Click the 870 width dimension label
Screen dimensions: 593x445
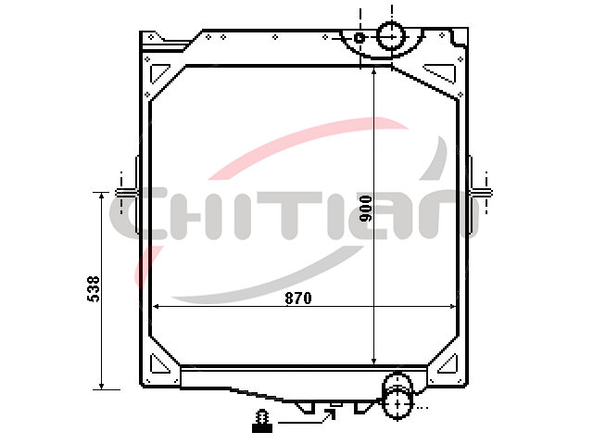click(298, 299)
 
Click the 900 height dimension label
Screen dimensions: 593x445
click(365, 209)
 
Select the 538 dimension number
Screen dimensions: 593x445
click(94, 288)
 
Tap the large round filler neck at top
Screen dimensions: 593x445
click(391, 36)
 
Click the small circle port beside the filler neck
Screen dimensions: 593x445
click(360, 38)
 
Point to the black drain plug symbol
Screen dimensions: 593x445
click(262, 421)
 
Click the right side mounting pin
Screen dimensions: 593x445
click(481, 193)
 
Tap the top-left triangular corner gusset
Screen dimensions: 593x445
click(158, 73)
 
